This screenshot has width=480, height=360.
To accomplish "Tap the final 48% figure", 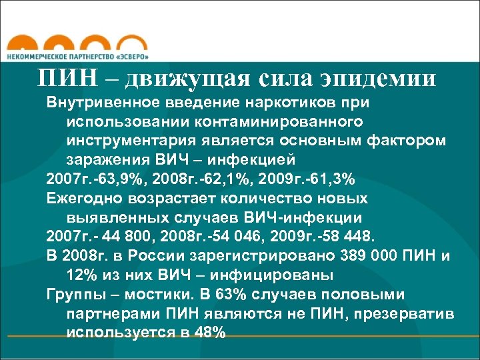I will click(210, 332).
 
